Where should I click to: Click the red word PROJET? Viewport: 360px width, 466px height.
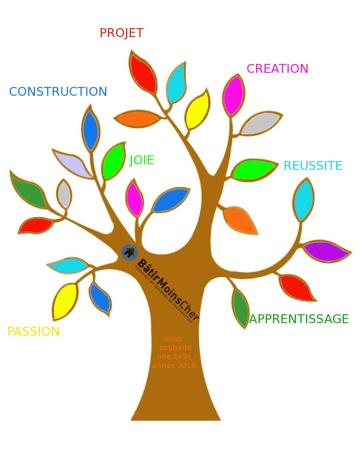point(121,33)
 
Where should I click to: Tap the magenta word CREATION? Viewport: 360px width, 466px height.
point(277,69)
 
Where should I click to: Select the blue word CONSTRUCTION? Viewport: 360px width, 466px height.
point(58,92)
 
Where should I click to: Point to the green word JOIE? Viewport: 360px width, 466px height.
point(141,160)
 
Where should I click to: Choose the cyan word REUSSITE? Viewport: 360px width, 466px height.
point(313,166)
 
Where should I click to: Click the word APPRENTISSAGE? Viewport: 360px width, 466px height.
point(299,319)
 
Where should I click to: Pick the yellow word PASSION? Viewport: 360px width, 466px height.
point(33,332)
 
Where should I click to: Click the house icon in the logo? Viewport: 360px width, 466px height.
point(129,252)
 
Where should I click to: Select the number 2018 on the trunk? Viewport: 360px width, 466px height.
point(186,365)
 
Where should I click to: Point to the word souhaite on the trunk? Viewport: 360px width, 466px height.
point(175,348)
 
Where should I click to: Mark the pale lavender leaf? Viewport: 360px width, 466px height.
point(72,163)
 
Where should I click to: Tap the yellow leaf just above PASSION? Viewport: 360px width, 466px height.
point(65,301)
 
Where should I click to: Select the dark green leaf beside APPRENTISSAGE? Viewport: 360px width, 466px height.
point(241,307)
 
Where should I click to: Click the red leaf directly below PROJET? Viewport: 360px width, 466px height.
point(143,73)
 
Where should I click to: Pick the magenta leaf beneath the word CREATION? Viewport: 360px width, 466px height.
point(234,95)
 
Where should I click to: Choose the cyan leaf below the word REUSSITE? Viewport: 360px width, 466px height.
point(303,200)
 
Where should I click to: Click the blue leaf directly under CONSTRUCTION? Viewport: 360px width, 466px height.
point(91,130)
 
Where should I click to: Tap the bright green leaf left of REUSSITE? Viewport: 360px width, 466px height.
point(253,169)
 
